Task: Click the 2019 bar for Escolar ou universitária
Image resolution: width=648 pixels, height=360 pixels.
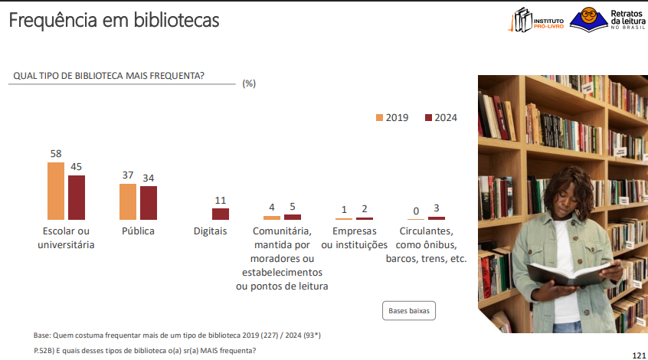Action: pyautogui.click(x=56, y=191)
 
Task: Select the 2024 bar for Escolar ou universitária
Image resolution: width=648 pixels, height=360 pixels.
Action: pyautogui.click(x=77, y=198)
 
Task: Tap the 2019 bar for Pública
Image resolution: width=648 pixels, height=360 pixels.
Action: pyautogui.click(x=128, y=201)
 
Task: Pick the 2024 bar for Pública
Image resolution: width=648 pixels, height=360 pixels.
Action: pyautogui.click(x=149, y=203)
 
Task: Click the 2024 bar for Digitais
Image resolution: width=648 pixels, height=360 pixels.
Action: pyautogui.click(x=221, y=214)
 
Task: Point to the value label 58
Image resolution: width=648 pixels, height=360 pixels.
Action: pyautogui.click(x=56, y=154)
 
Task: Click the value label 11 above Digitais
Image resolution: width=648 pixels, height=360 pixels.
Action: pyautogui.click(x=221, y=200)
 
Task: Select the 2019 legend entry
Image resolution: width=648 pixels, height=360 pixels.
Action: pyautogui.click(x=392, y=118)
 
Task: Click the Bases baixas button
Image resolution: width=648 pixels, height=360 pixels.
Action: pyautogui.click(x=409, y=311)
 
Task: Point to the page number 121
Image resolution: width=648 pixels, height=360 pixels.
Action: pyautogui.click(x=639, y=355)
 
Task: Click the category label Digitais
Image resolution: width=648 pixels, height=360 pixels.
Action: pyautogui.click(x=211, y=231)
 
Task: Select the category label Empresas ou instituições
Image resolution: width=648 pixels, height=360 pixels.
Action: pyautogui.click(x=355, y=237)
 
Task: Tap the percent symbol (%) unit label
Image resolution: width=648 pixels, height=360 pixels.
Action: pyautogui.click(x=249, y=83)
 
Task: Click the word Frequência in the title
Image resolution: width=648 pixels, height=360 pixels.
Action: pyautogui.click(x=54, y=21)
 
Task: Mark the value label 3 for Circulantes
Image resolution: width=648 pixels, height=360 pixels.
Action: pyautogui.click(x=437, y=208)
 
